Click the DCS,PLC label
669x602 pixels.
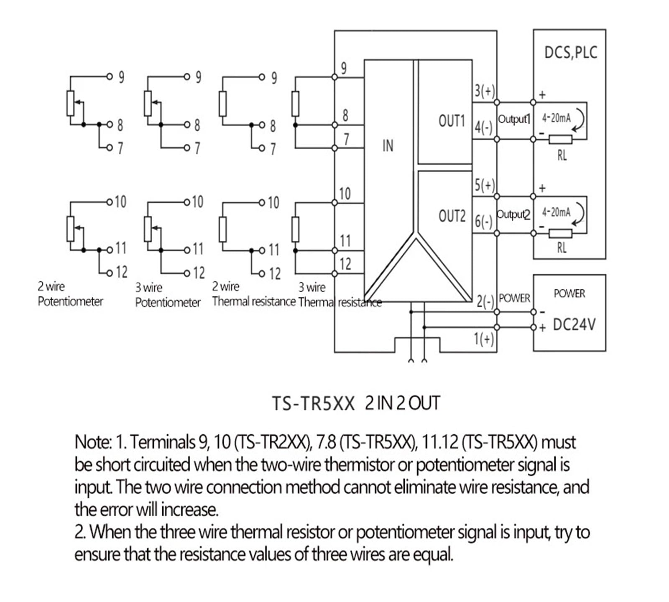point(571,53)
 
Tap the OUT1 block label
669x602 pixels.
point(452,121)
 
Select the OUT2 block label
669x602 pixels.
point(452,216)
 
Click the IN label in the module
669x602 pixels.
point(388,145)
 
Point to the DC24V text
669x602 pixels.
point(574,324)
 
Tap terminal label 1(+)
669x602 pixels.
point(484,338)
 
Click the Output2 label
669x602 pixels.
point(513,214)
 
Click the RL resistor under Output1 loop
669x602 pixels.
point(560,140)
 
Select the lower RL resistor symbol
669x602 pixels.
point(560,233)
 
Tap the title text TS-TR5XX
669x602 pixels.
point(313,404)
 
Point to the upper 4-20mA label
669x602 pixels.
point(557,118)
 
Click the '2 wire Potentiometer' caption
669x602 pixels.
point(70,294)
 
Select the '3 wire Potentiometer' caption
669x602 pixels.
point(168,295)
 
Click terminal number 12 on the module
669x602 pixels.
point(345,264)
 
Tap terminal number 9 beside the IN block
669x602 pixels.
point(344,68)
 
